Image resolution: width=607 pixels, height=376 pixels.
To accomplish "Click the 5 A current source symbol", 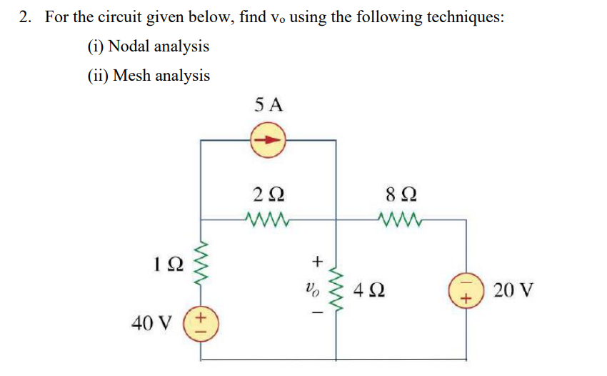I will pos(269,141).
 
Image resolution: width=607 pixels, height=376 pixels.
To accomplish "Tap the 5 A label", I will pos(269,105).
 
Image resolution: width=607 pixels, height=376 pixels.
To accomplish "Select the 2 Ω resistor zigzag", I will pos(268,217).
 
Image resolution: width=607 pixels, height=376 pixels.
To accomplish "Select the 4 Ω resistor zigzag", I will pos(336,289).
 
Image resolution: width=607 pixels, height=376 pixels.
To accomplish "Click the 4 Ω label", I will pos(371,291).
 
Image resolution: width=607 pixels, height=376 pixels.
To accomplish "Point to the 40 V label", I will pos(152,323).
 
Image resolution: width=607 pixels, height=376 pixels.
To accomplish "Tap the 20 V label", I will pos(514,292).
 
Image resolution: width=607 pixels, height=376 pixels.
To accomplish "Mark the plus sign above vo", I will pos(318,262).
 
